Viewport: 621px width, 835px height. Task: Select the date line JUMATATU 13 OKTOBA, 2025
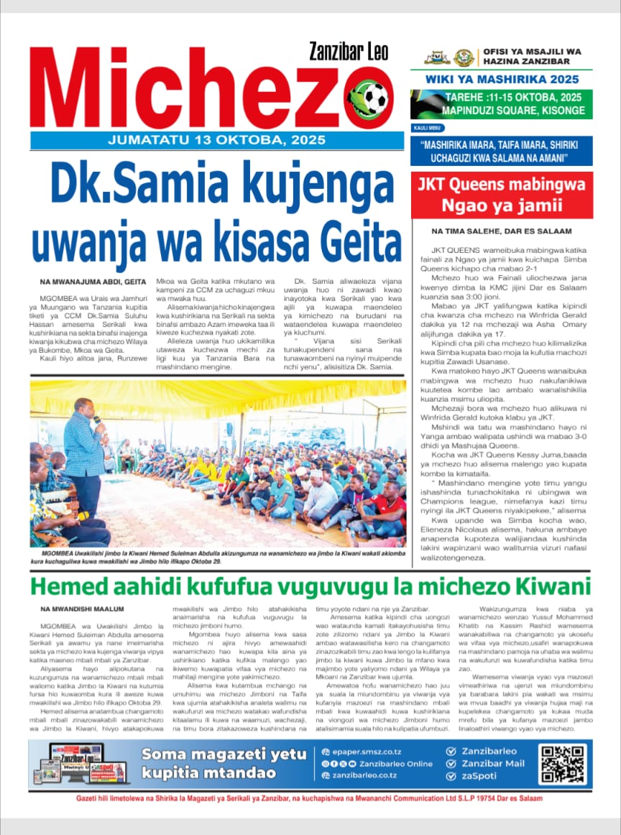point(216,140)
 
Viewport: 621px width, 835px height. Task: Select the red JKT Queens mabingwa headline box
point(502,195)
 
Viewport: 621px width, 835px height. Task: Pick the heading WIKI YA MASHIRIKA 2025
point(502,79)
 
